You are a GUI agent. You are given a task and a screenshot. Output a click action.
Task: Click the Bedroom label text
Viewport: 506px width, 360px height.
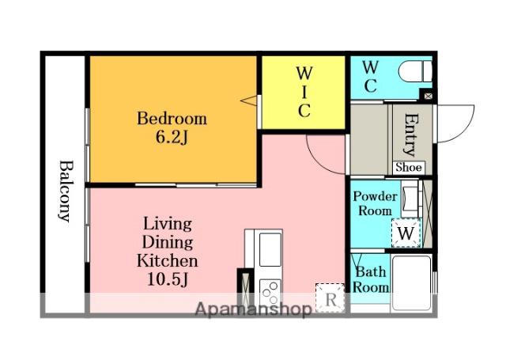(x=172, y=118)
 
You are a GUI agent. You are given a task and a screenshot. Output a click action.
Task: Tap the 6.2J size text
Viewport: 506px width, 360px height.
(x=172, y=138)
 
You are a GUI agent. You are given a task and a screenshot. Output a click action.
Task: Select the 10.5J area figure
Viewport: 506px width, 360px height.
(x=168, y=279)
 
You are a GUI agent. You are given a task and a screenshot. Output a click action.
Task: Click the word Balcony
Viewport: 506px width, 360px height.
(x=66, y=191)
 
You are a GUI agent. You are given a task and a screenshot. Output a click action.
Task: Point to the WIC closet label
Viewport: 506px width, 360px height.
(x=304, y=92)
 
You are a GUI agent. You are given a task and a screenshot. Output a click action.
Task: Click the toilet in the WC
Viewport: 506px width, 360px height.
(x=415, y=72)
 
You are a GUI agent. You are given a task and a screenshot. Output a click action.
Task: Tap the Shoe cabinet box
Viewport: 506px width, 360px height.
(x=409, y=167)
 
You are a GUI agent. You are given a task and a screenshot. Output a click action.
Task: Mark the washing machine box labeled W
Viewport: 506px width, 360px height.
(x=406, y=233)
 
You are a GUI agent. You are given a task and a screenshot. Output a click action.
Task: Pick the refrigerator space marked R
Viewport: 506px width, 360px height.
(x=330, y=297)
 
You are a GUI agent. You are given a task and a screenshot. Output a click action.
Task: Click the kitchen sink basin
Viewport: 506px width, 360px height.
(x=270, y=250)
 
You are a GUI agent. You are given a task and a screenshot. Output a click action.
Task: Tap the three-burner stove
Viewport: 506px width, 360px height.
(x=270, y=291)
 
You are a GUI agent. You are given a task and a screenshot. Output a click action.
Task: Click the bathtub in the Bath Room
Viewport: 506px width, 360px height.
(x=411, y=282)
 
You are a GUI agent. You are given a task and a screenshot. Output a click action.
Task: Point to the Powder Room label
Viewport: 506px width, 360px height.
(x=375, y=203)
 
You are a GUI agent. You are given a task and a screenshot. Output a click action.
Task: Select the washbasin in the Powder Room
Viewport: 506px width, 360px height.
(x=410, y=199)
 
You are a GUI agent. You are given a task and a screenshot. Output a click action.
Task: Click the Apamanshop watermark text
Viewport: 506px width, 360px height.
(x=253, y=309)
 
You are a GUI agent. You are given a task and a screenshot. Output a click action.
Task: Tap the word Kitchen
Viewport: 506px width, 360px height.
(x=167, y=260)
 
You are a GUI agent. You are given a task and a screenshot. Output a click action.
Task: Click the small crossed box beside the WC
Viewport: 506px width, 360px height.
(x=429, y=96)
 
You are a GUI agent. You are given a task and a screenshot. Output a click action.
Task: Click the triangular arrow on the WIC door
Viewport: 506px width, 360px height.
(x=249, y=100)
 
